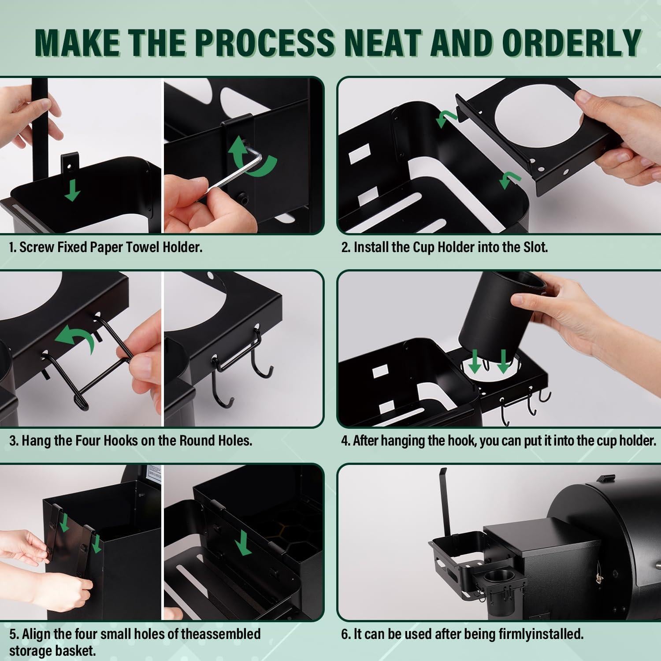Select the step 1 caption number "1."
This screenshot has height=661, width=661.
(13, 247)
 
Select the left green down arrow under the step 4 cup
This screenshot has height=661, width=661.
(475, 361)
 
